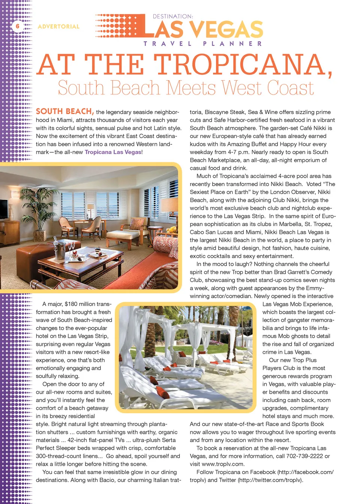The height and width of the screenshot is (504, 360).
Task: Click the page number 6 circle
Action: click(x=17, y=26)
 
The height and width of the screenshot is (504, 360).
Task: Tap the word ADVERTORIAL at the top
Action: click(x=58, y=27)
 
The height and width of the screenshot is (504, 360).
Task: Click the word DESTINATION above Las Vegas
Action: click(x=172, y=16)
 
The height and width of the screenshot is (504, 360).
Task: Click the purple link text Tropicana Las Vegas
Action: click(x=113, y=152)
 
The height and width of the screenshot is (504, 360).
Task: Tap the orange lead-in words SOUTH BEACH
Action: click(x=64, y=111)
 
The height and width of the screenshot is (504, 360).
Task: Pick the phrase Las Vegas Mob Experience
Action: click(x=297, y=304)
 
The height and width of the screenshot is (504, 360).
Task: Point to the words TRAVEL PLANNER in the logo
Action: click(x=202, y=43)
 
